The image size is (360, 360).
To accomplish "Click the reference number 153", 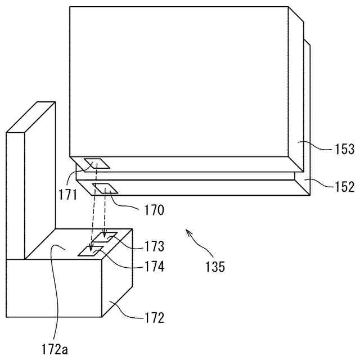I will coord(344,149).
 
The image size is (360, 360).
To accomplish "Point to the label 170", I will coord(154,210).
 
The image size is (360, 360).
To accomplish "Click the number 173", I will coord(154,246).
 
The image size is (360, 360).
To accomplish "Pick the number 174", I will coord(154,267).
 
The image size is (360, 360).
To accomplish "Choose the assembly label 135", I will coord(214,267).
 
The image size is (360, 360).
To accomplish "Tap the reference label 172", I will coord(154,318).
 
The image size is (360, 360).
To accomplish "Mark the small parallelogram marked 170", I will coord(105,188).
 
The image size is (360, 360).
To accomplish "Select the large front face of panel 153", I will coord(179,82).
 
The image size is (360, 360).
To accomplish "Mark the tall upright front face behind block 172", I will coord(15,194).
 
